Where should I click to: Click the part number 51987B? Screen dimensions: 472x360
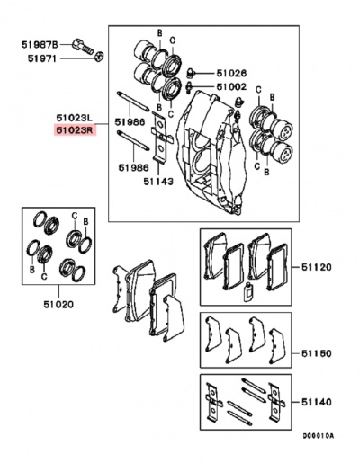(x=40, y=43)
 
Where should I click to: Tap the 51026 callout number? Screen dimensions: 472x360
(x=231, y=73)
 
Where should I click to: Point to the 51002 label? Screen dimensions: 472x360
(x=231, y=86)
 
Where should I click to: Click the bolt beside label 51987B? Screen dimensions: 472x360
(x=81, y=47)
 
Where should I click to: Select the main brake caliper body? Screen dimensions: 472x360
(x=211, y=148)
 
